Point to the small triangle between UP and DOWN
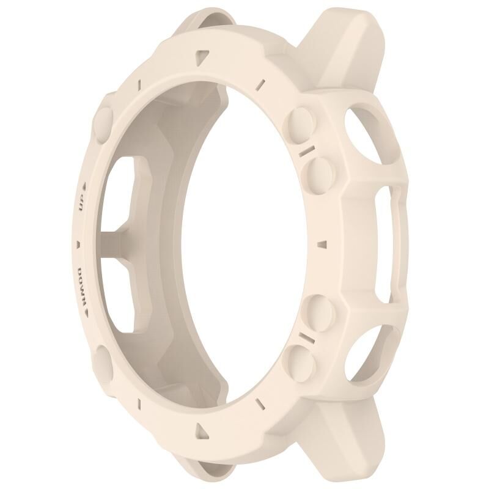click(x=78, y=244)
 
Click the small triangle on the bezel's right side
click(x=323, y=244)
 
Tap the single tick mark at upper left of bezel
click(x=139, y=84)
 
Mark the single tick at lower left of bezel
click(x=139, y=403)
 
